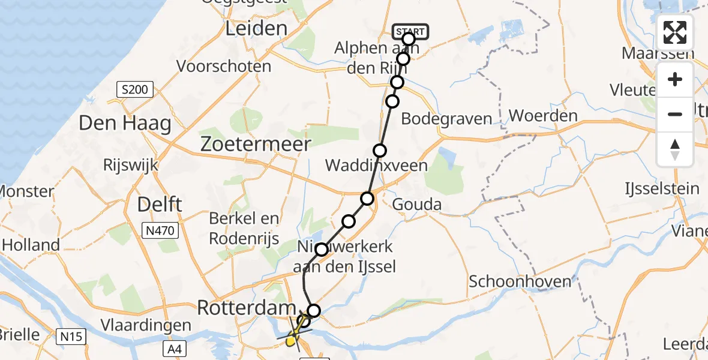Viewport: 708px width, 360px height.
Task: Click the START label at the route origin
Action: [410, 31]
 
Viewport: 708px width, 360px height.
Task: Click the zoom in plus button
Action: [675, 79]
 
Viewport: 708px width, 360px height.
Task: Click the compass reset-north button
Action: [675, 149]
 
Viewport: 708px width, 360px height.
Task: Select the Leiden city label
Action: [256, 28]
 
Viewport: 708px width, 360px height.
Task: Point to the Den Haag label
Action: [125, 124]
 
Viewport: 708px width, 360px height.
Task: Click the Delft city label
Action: [160, 205]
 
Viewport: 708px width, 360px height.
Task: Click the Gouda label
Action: [416, 205]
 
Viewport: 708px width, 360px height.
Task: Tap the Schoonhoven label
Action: [515, 281]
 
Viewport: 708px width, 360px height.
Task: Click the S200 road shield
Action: [134, 91]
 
